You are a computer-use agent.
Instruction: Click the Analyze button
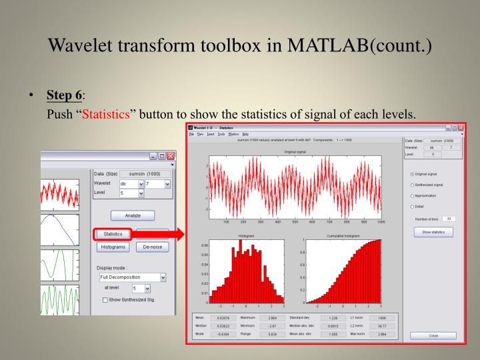[132, 215]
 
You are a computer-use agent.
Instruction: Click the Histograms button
[113, 247]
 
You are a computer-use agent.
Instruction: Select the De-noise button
[153, 247]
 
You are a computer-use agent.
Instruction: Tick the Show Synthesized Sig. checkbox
[105, 300]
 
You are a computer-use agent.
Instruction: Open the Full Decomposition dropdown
[132, 277]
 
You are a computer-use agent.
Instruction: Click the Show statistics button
[433, 232]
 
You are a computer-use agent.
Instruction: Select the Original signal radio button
[411, 175]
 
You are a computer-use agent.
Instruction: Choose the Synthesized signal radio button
[411, 185]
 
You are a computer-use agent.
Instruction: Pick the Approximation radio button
[411, 195]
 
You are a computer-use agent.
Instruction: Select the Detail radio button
[411, 206]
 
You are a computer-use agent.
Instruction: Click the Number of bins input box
[450, 219]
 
